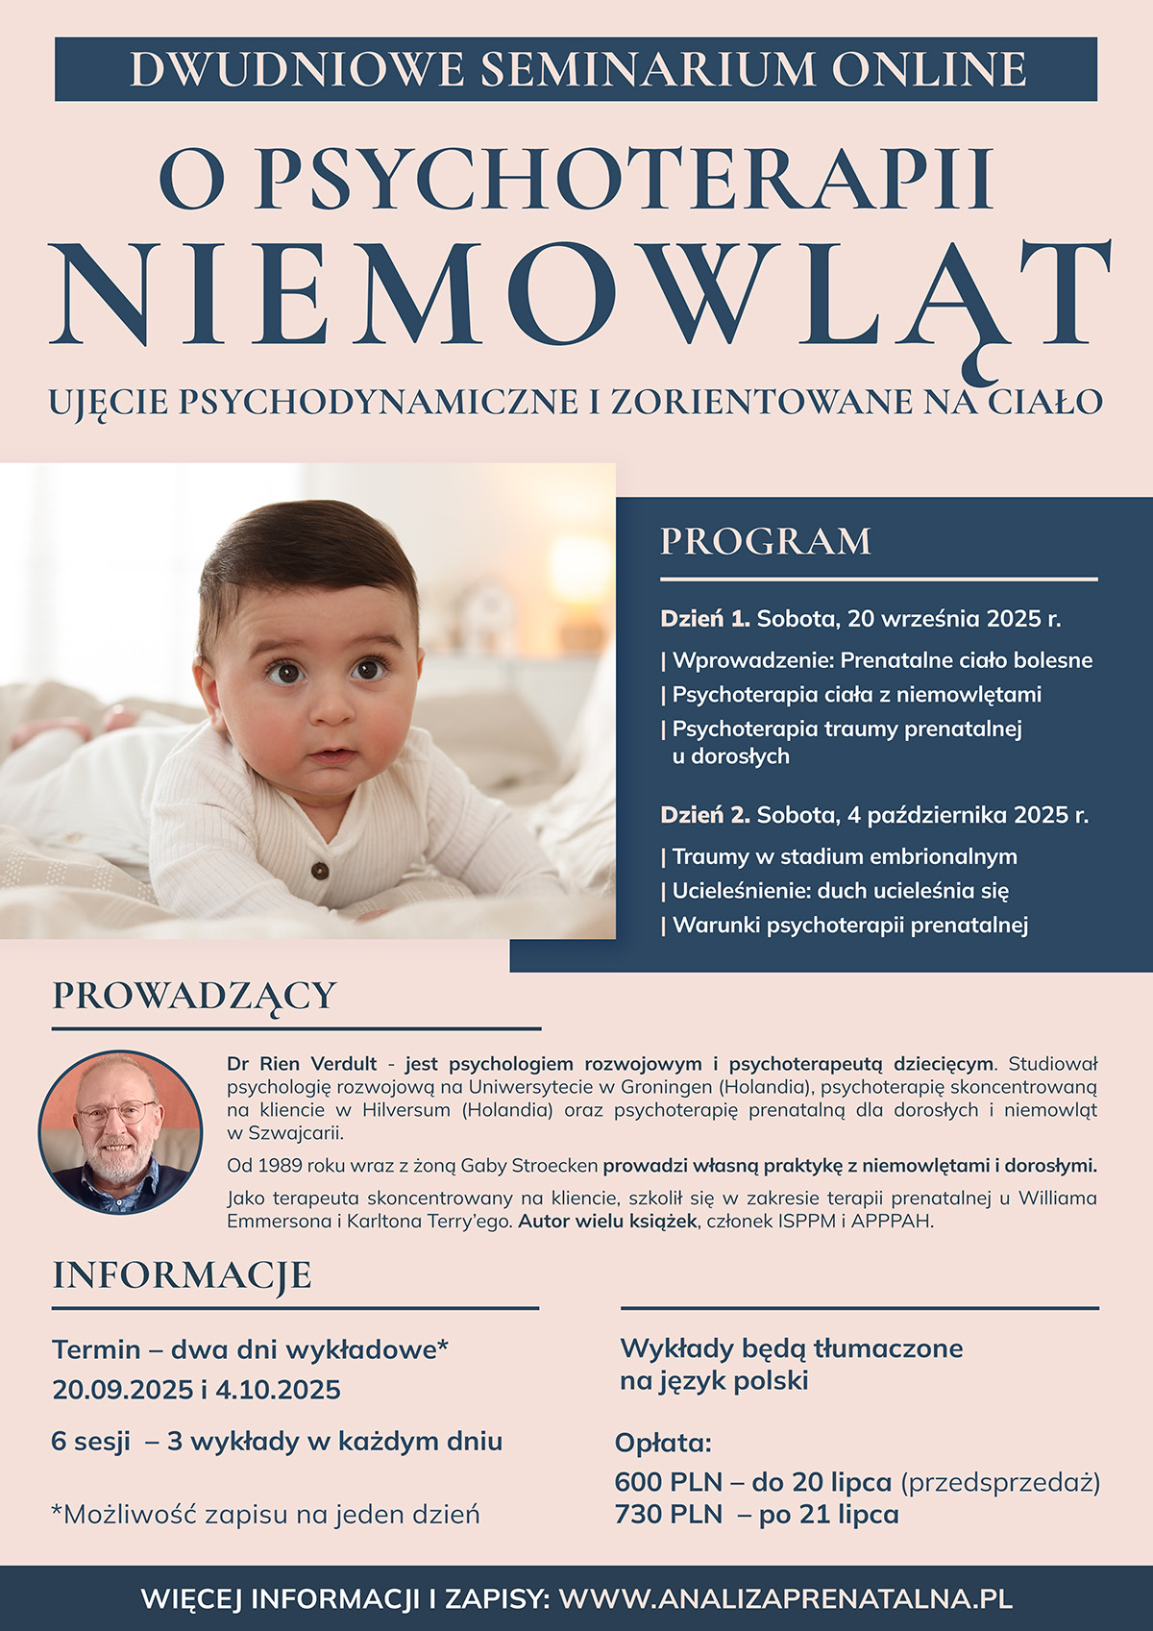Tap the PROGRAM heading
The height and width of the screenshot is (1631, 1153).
point(766,541)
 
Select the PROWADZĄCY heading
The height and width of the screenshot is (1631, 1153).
point(194,996)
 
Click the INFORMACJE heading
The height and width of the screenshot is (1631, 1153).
point(182,1275)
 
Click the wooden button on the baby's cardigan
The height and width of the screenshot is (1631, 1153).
point(320,871)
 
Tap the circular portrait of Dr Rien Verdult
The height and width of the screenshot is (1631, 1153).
point(120,1132)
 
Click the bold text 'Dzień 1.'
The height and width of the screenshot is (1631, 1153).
point(705,619)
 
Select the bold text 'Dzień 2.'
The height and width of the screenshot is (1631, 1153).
point(705,816)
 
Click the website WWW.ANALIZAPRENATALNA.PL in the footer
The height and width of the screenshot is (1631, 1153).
point(785,1599)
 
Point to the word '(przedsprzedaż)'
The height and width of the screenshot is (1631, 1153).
point(1000,1482)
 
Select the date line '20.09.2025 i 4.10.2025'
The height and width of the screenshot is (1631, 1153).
point(197,1390)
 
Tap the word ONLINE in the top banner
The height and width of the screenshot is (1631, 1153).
point(929,69)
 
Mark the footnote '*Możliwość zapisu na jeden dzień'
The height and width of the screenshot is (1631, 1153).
point(265,1516)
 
